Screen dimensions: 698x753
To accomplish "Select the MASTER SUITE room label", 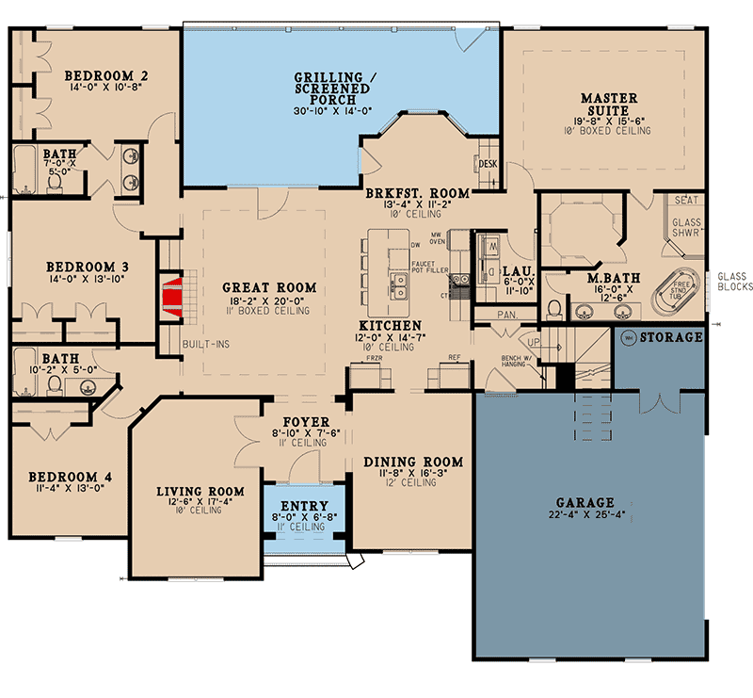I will [609, 105].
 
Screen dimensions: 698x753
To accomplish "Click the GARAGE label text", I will [584, 503].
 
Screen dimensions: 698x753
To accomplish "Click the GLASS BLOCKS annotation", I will [734, 282].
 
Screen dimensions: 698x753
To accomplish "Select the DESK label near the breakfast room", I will [488, 164].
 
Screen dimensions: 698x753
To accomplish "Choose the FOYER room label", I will [307, 421].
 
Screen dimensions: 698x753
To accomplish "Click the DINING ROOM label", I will [413, 462].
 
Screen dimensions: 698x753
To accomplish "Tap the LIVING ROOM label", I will [200, 491].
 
